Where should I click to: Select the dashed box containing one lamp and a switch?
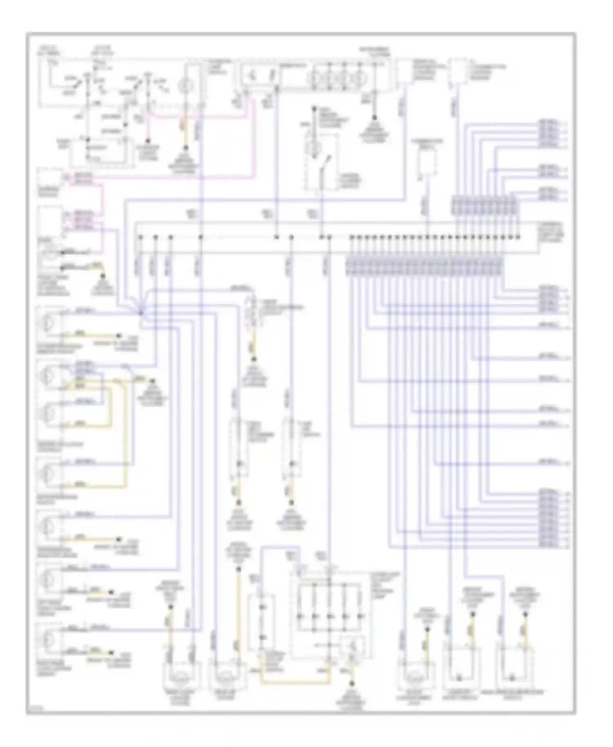(x=321, y=162)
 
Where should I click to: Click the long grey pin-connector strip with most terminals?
(x=424, y=267)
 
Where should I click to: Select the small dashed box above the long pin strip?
(x=426, y=163)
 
